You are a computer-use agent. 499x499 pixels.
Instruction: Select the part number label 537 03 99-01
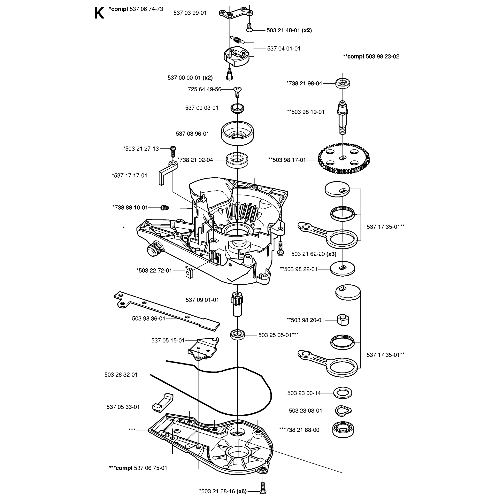[190, 13]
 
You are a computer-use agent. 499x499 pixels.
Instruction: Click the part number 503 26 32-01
[121, 375]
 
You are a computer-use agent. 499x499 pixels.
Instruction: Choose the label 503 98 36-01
[149, 319]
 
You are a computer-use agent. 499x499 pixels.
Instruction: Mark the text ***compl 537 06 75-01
[138, 468]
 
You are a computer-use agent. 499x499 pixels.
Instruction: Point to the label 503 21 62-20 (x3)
[314, 254]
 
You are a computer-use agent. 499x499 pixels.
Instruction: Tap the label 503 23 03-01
[306, 411]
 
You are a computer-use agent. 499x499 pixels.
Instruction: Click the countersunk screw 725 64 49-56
[237, 91]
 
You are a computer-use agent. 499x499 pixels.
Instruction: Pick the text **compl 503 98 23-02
[371, 57]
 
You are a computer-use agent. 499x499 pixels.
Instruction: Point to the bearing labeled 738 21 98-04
[343, 83]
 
